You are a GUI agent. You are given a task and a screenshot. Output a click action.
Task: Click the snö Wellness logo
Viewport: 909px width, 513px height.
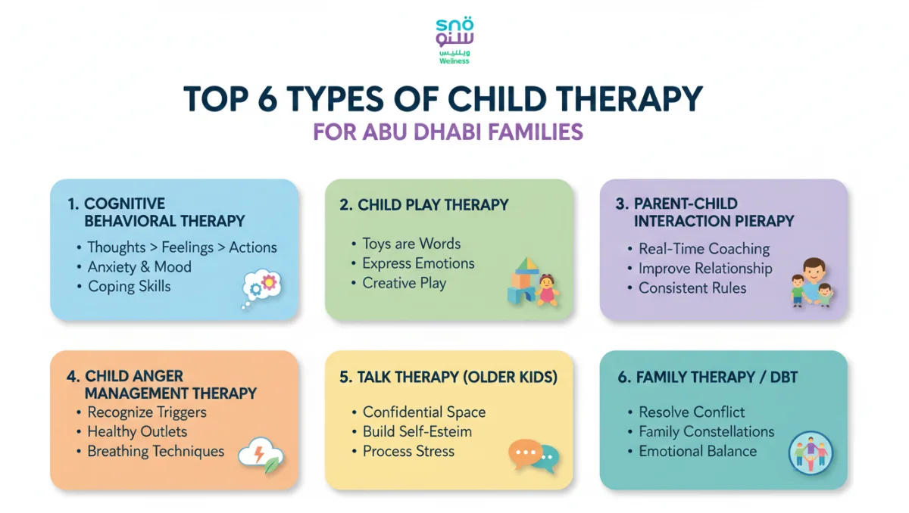tap(454, 41)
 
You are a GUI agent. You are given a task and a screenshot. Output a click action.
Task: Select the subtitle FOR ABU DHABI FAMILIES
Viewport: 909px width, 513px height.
tap(448, 132)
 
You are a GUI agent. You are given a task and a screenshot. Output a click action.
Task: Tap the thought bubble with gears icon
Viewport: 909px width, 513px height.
tap(261, 288)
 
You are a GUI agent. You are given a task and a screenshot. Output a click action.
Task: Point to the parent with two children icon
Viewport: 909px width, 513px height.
tap(809, 284)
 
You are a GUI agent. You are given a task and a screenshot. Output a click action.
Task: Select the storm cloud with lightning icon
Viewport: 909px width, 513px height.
tap(260, 455)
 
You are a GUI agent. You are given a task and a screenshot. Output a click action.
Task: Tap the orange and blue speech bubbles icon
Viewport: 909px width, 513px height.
tap(533, 455)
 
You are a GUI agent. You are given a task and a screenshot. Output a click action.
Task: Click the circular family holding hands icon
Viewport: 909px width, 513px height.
tap(811, 454)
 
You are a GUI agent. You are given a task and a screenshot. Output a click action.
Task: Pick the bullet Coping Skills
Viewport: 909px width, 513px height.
tap(129, 287)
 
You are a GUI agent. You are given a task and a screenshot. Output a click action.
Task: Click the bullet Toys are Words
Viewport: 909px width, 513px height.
tap(411, 244)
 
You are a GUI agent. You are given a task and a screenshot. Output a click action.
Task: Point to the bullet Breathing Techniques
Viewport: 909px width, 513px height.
tap(155, 452)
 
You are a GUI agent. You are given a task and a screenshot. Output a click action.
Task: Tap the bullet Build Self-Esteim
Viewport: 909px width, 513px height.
tap(417, 432)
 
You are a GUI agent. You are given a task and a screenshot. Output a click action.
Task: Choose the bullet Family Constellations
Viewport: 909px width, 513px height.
tap(706, 432)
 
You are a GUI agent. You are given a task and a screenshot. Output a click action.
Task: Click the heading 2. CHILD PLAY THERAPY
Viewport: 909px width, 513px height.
tap(423, 205)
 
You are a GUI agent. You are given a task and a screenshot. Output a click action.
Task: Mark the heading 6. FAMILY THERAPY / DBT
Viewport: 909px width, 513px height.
tap(708, 377)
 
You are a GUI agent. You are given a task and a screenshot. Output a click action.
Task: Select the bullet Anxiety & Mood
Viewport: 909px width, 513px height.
tap(139, 267)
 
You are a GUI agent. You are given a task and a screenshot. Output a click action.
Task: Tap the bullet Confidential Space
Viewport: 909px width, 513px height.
tap(424, 412)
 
